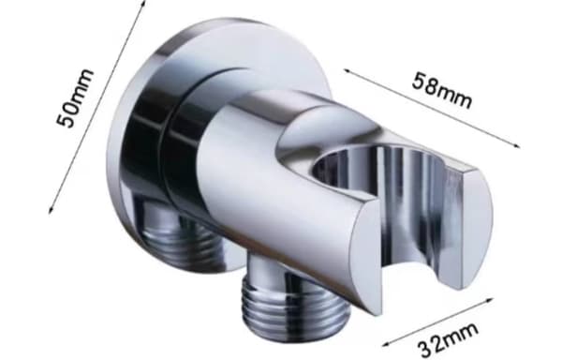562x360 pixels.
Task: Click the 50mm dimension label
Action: point(75,97)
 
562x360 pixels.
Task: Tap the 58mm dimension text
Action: point(442,90)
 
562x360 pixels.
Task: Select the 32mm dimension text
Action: point(448,338)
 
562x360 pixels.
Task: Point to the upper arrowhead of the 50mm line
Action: point(143,3)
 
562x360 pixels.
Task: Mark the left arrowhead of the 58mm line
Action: point(347,71)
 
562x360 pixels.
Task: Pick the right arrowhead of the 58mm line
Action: point(516,145)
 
